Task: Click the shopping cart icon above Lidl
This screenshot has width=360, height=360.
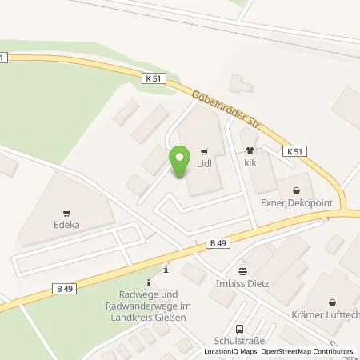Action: coord(204,150)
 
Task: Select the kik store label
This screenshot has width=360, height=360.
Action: coord(250,162)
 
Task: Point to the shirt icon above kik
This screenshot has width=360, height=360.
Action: coord(250,150)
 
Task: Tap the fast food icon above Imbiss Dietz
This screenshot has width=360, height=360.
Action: coord(244,271)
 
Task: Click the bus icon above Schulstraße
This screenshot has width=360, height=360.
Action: coord(239,328)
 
